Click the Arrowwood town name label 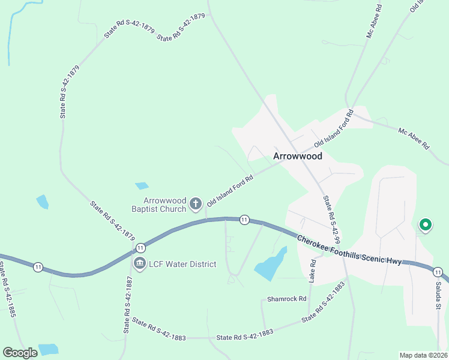coord(298,156)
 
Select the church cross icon coord(195,205)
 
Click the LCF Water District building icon coord(140,263)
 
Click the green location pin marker coord(425,225)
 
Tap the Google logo coord(20,353)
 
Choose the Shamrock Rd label coord(286,299)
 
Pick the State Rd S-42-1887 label coord(128,305)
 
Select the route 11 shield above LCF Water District coord(140,247)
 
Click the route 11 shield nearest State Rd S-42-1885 coord(38,267)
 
